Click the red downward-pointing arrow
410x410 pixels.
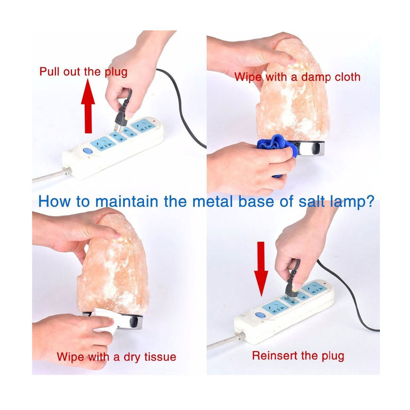click(261, 269)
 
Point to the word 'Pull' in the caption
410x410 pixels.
click(50, 71)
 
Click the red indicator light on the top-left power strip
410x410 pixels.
click(155, 121)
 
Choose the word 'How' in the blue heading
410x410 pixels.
click(54, 201)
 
